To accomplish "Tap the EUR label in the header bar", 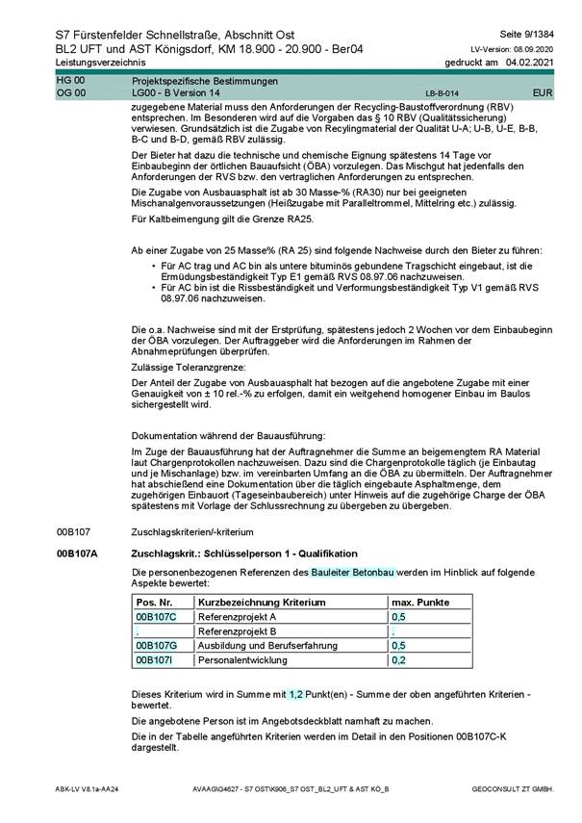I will point(542,93).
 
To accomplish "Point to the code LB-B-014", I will point(442,94).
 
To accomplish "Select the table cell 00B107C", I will point(155,616).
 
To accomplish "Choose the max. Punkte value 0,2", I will point(398,660).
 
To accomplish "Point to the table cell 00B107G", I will point(156,646).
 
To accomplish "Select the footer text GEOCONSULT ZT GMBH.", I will point(513,788).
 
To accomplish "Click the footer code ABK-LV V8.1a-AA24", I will point(88,788).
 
